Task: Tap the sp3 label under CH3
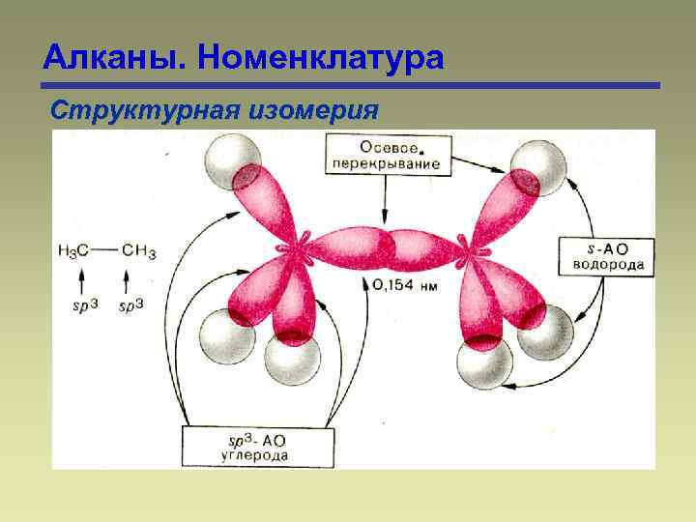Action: [x=131, y=306]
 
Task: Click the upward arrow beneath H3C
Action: [x=81, y=280]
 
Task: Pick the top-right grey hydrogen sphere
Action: [x=536, y=168]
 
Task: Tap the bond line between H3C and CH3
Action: [x=106, y=250]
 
